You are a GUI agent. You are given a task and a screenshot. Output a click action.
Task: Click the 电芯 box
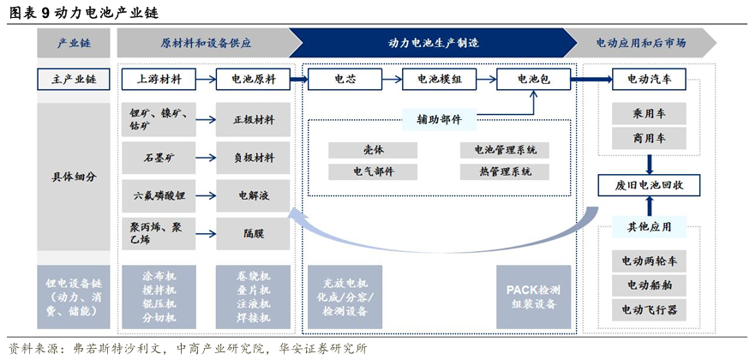tap(345, 79)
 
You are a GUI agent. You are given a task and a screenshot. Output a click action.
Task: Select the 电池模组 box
tap(439, 79)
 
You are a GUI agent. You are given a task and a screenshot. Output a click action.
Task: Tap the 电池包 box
tap(533, 79)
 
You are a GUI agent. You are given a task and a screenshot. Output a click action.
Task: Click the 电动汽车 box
tap(649, 79)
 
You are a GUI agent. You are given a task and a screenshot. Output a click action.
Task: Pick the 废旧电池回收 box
tap(649, 185)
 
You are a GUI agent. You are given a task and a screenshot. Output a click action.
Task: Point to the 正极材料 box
tap(253, 119)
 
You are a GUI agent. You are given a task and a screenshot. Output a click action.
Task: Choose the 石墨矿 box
tap(159, 158)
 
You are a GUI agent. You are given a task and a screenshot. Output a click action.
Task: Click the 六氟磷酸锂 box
tap(159, 195)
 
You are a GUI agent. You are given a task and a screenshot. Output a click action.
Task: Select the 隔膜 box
tap(253, 234)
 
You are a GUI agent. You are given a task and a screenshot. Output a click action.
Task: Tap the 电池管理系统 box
tap(498, 150)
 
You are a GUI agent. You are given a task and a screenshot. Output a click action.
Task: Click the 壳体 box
tap(373, 150)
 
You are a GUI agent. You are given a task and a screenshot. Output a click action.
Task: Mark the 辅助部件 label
tap(439, 119)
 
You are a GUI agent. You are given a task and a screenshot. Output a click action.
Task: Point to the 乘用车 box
tap(649, 114)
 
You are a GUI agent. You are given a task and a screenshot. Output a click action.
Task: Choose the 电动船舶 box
tap(649, 285)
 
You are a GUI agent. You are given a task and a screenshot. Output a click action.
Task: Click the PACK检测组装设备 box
tap(533, 297)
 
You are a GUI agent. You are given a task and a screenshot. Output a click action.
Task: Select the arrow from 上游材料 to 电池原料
tap(206, 80)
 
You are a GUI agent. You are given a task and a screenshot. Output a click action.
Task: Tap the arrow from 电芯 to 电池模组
tap(392, 80)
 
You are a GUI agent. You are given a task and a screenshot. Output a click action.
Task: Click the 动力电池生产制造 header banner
tap(433, 43)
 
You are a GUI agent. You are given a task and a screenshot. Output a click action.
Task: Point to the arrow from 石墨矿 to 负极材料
tap(206, 158)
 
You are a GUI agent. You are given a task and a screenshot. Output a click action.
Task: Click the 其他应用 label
tap(649, 226)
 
